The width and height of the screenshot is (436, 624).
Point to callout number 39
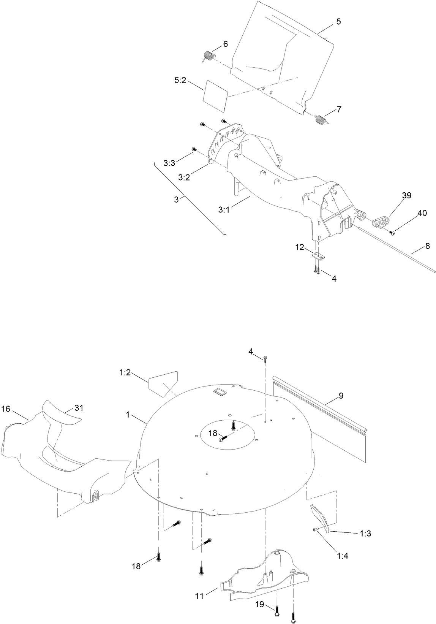point(406,195)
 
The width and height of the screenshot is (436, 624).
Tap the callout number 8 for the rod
point(427,246)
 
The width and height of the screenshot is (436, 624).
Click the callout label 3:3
point(169,163)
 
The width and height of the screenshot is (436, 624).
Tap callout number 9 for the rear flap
point(341,396)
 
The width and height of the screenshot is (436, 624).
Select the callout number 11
point(200,596)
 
